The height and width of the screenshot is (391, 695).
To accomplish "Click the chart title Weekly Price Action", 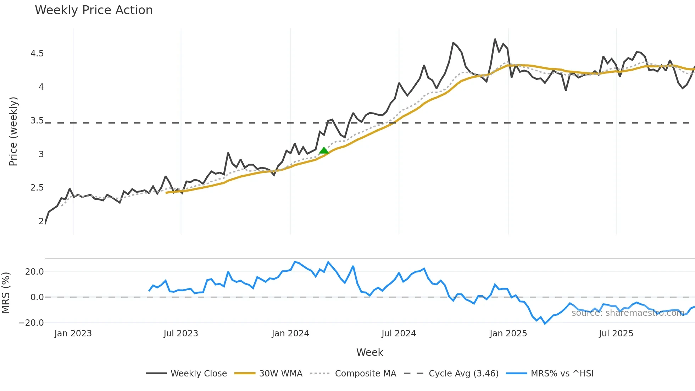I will pos(94,10).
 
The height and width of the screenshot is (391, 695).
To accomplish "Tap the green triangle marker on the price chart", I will pos(324,151).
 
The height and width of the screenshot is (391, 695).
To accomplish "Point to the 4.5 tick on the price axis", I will pos(37,54).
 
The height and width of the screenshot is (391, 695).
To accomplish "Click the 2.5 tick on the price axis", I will pos(37,188).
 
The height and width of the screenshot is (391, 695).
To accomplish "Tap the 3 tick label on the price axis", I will pos(41,154).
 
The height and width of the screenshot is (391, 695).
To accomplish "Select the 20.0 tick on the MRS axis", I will pos(34,272).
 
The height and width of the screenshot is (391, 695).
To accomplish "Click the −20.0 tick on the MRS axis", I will pos(31,323).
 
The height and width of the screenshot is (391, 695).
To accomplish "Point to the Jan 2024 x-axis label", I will pos(290,334).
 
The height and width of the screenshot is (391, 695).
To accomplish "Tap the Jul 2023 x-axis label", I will pos(181,334).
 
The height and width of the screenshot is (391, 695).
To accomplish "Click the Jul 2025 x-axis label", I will pos(616,334).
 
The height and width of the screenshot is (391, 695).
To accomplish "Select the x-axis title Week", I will pos(369,352).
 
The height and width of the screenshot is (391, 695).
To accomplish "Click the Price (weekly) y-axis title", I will pos(13,131).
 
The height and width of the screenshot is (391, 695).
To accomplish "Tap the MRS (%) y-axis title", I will pos(6,293).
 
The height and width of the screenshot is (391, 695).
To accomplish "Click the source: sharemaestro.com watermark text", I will pos(628,313).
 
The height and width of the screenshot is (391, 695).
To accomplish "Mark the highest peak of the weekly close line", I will pos(495,39).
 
